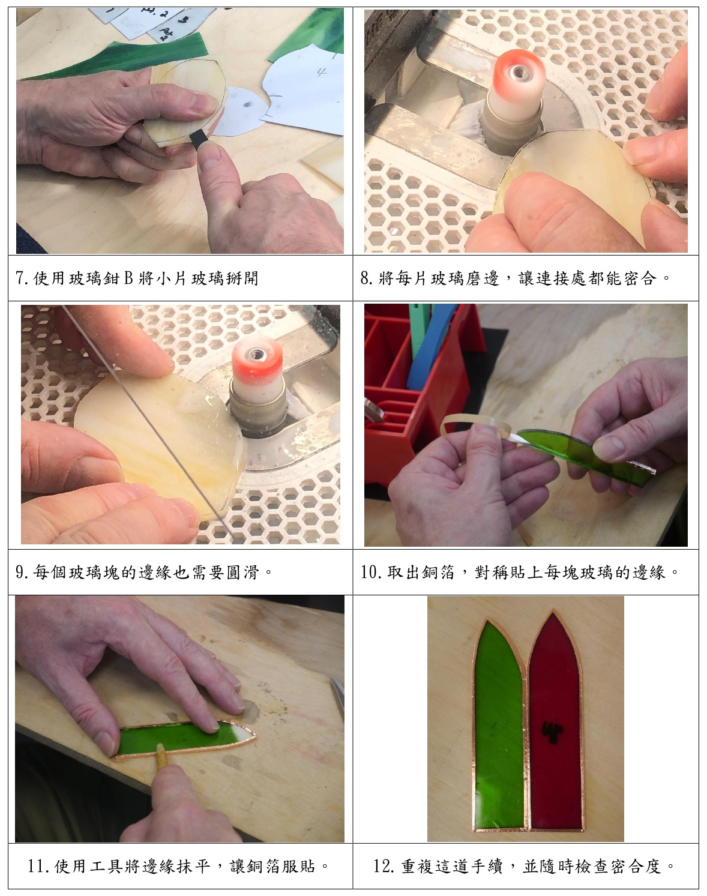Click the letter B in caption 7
[x=128, y=278]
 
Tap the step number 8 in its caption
[x=364, y=278]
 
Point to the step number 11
[x=36, y=867]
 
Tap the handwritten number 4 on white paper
[x=320, y=71]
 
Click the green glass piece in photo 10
[x=586, y=455]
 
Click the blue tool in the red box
[x=429, y=347]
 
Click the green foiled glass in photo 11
[x=185, y=741]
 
